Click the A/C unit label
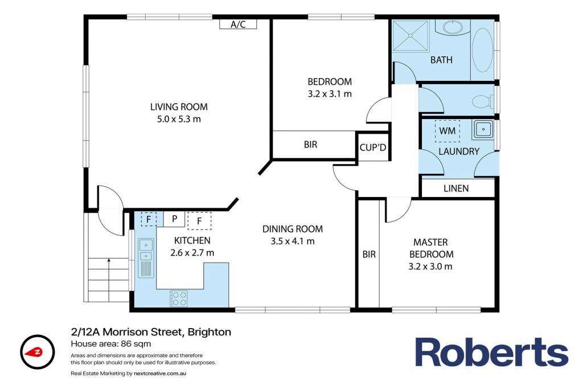click(238, 24)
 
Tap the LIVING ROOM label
click(179, 107)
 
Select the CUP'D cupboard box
click(373, 147)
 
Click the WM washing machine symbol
click(447, 131)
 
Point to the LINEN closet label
click(456, 189)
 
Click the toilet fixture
click(483, 101)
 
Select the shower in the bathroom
click(410, 35)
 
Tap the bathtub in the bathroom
click(483, 50)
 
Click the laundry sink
click(483, 129)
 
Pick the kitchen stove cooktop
click(178, 298)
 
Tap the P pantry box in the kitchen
click(174, 219)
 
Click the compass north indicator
click(37, 352)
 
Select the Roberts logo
click(491, 352)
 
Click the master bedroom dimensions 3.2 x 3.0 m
click(430, 267)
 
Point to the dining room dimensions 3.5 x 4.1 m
click(293, 241)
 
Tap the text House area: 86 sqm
click(111, 343)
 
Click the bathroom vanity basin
click(453, 28)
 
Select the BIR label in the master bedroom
click(369, 255)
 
